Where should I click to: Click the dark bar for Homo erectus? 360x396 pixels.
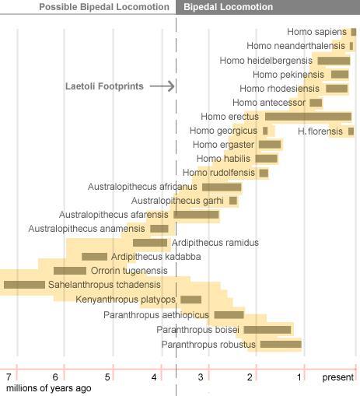click(x=308, y=117)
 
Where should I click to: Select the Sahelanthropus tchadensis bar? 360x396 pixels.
click(x=24, y=285)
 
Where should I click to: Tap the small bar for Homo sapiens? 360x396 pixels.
click(x=354, y=32)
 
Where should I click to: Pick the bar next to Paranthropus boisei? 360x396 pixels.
click(x=267, y=330)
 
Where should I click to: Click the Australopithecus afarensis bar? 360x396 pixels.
click(x=196, y=215)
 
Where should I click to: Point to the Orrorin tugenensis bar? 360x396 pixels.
click(x=70, y=271)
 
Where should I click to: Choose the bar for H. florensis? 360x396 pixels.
click(x=351, y=131)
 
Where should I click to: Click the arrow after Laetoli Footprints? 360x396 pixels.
click(x=162, y=86)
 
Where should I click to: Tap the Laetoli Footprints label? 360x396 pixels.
click(x=104, y=86)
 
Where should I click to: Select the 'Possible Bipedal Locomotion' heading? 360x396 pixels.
click(x=104, y=7)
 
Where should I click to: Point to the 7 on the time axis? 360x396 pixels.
click(x=9, y=377)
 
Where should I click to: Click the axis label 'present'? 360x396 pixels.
click(x=337, y=377)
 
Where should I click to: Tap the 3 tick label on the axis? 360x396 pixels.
click(x=201, y=377)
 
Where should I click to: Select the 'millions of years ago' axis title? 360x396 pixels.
click(x=49, y=388)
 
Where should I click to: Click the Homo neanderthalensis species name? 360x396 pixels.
click(x=295, y=46)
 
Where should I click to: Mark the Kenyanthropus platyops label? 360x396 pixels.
click(x=125, y=300)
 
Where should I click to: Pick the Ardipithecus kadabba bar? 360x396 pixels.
click(x=94, y=257)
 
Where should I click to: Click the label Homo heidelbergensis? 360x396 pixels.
click(x=266, y=61)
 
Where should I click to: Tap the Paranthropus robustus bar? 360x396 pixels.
click(x=281, y=344)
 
